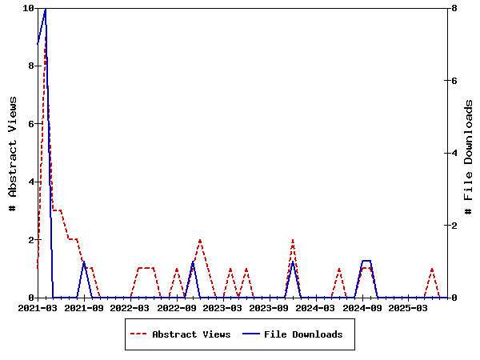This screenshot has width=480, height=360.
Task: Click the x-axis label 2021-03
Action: (x=38, y=307)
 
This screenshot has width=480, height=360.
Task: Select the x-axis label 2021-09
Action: (x=84, y=307)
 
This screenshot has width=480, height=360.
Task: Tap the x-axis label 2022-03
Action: (x=130, y=307)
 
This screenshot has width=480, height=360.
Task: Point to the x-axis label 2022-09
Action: (x=177, y=307)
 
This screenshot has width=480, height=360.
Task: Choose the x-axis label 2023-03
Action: (x=223, y=307)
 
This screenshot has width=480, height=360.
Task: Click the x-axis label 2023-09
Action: (x=270, y=307)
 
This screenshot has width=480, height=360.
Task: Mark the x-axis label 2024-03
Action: (x=316, y=307)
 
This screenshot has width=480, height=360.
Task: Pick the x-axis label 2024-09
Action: (x=362, y=307)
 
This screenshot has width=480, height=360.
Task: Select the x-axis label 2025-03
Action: (x=409, y=307)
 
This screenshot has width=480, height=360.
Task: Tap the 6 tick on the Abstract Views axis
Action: (x=30, y=124)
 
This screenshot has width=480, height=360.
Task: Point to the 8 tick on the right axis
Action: (x=454, y=8)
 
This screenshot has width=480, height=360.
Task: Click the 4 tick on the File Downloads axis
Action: (x=454, y=153)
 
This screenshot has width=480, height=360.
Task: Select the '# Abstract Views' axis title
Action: (x=13, y=153)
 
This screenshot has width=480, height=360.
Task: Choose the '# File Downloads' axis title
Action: (x=469, y=153)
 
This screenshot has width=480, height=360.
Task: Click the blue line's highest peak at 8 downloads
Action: (x=46, y=8)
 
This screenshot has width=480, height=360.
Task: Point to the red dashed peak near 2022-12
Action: (x=200, y=240)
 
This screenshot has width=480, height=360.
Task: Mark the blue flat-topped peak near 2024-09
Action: (x=366, y=261)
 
